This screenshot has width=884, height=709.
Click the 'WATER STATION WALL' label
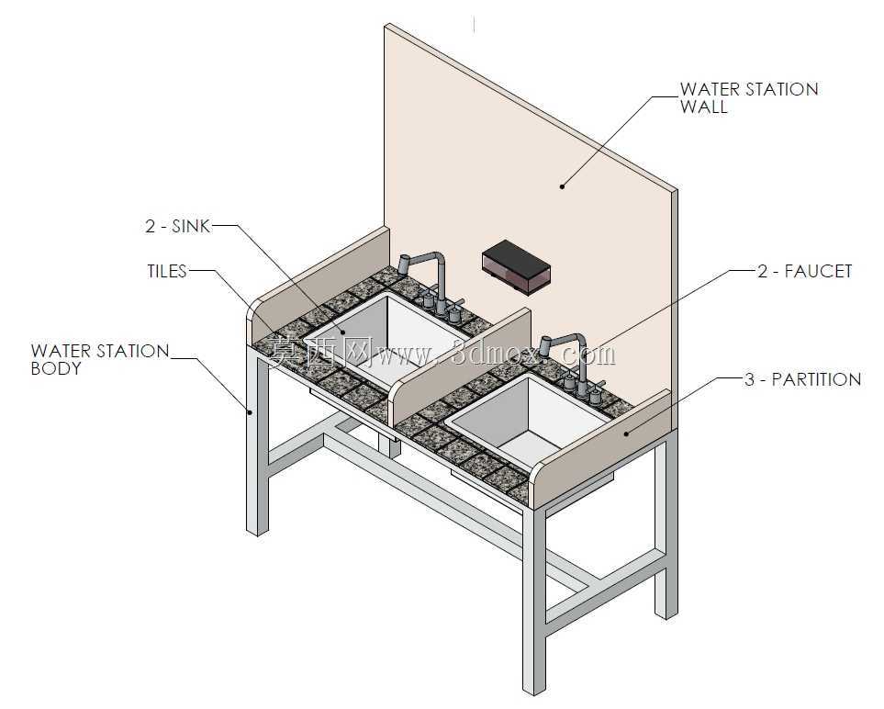click(x=749, y=97)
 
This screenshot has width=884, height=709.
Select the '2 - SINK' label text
click(x=177, y=226)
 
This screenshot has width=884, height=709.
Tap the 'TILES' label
click(x=167, y=271)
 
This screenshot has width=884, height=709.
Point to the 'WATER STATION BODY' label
click(x=100, y=359)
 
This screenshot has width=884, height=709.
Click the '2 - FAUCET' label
click(x=804, y=271)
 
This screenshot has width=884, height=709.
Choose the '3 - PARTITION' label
click(x=802, y=379)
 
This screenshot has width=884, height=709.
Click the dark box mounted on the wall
click(x=516, y=266)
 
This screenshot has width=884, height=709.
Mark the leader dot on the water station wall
click(x=562, y=186)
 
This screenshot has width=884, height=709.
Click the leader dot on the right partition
click(x=626, y=433)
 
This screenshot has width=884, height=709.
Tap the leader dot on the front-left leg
click(x=250, y=411)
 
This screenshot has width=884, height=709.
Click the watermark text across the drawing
click(x=442, y=354)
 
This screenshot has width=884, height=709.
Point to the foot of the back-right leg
click(x=666, y=612)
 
